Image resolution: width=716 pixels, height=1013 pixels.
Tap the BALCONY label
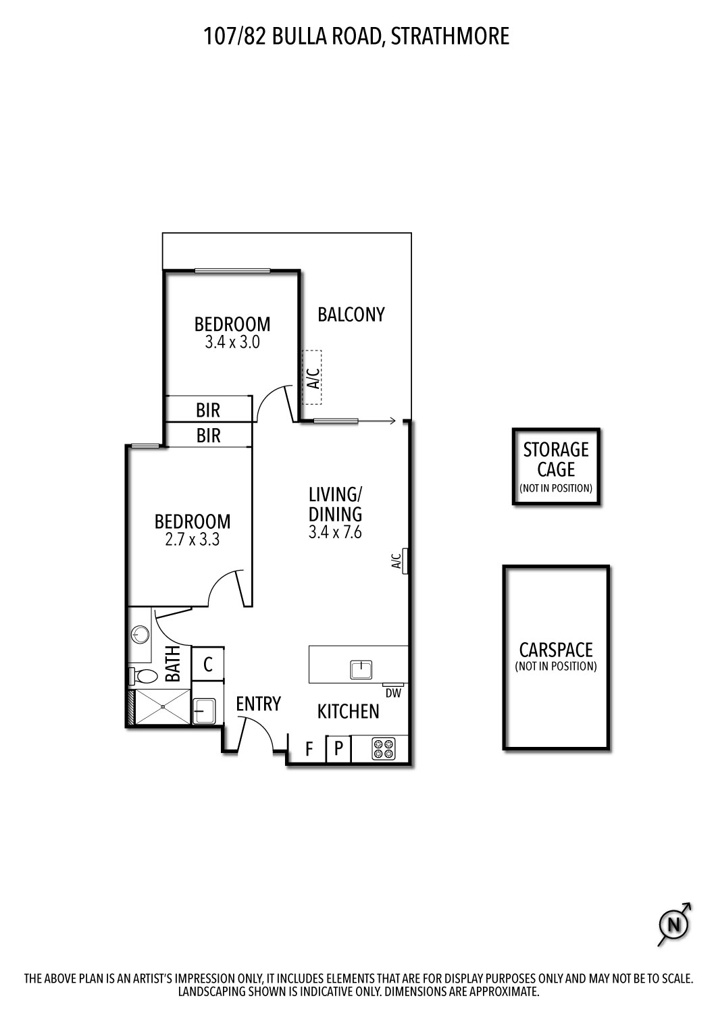pyautogui.click(x=351, y=315)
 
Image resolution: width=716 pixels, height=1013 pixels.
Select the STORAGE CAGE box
pyautogui.click(x=556, y=467)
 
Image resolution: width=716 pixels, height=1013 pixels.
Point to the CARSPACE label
pyautogui.click(x=556, y=650)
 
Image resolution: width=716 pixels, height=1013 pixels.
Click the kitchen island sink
pyautogui.click(x=361, y=670)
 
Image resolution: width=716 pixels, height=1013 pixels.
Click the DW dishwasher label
pyautogui.click(x=393, y=693)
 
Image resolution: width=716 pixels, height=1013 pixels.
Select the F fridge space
pyautogui.click(x=309, y=750)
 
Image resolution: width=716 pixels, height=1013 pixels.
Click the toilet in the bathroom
pyautogui.click(x=144, y=675)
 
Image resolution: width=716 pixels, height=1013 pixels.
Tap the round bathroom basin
pyautogui.click(x=140, y=634)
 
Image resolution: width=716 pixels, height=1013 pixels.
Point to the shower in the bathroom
pyautogui.click(x=163, y=707)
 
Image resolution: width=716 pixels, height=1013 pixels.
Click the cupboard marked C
pyautogui.click(x=208, y=665)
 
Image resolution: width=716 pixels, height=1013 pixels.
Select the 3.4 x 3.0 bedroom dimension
pyautogui.click(x=232, y=342)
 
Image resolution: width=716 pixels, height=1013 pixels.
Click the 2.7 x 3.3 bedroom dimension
pyautogui.click(x=193, y=540)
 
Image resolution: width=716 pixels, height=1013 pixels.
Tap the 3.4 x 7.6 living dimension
pyautogui.click(x=335, y=532)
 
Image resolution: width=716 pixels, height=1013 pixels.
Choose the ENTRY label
pyautogui.click(x=258, y=704)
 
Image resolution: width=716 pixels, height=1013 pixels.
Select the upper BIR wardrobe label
pyautogui.click(x=208, y=410)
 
